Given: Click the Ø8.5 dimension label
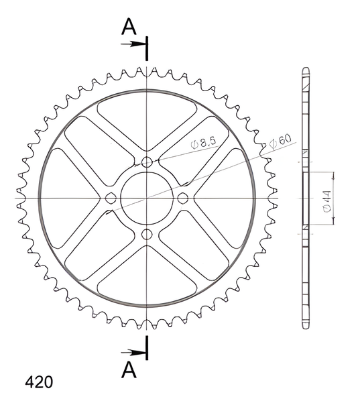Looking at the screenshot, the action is pos(203,143).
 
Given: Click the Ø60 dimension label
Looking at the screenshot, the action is pos(280,141).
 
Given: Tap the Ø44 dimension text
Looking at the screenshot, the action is pos(327,201).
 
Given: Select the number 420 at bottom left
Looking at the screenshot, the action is pos(39,382).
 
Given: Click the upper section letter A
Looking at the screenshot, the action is pos(129,27).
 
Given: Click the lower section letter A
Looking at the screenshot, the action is pos(129,370).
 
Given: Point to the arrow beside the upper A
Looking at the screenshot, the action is pos(133,44).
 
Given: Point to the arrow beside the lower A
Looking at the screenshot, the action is pos(133,353).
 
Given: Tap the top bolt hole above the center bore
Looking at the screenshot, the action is pos(147,162).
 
